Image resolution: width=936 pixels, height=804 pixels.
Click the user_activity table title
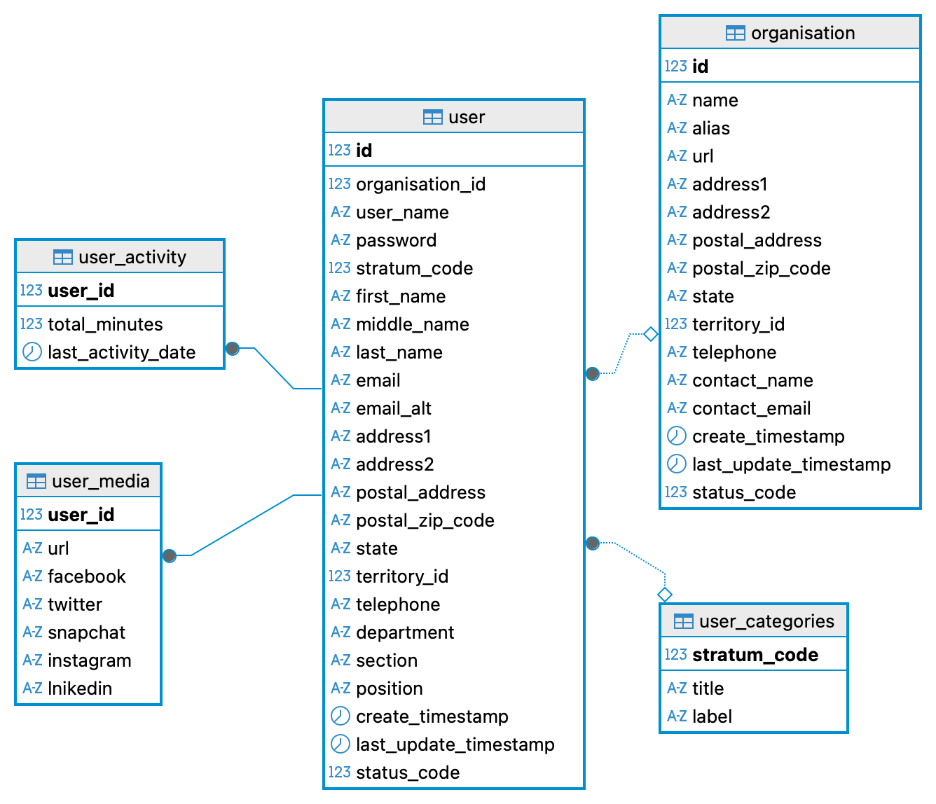pos(132,257)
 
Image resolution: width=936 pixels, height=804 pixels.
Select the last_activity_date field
pos(121,352)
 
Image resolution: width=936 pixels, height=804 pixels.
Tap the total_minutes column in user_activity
pos(105,324)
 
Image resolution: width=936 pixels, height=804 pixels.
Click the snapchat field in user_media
pos(86,632)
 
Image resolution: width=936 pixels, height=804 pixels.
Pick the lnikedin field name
pos(80,688)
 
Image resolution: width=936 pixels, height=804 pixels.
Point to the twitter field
pos(75,604)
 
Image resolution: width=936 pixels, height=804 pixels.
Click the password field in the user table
pos(396,240)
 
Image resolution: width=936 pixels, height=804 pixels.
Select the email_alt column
pos(393,408)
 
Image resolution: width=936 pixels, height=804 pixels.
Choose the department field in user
pos(405,632)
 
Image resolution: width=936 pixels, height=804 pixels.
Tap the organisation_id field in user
pos(420,184)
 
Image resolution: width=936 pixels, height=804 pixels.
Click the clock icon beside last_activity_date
pos(32,352)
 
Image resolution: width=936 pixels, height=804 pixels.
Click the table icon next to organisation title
pos(735,33)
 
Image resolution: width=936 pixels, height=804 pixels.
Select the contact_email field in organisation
pos(751,408)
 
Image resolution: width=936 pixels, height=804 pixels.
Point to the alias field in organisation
pos(710,128)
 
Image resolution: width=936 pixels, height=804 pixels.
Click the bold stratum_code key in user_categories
pos(755,655)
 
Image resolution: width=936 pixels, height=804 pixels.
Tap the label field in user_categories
pos(712,716)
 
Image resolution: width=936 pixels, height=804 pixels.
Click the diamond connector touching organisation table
pos(651,334)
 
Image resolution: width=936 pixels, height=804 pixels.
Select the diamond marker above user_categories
pos(665,595)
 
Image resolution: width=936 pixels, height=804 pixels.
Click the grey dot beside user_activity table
pos(233,348)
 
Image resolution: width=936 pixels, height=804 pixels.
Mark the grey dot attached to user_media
pos(170,555)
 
